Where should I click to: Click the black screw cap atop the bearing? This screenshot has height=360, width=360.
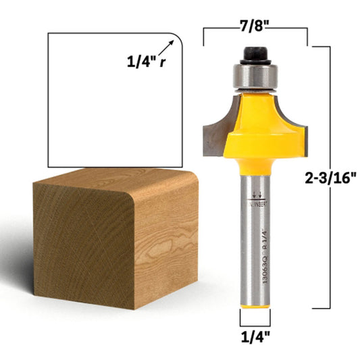tap(255, 53)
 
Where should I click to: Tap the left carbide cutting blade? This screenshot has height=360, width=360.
tap(215, 125)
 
